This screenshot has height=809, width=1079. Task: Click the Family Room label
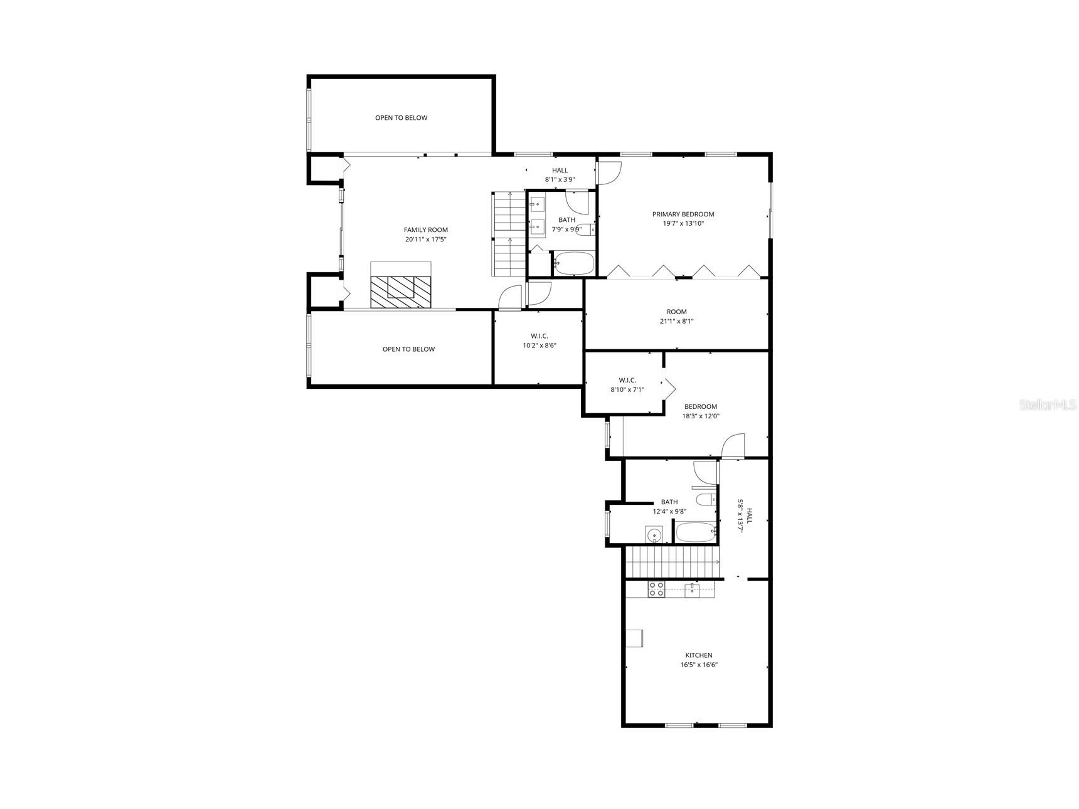tap(425, 230)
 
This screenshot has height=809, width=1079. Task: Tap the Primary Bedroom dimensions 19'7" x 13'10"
tap(683, 223)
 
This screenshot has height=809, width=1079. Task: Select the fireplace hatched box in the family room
tap(401, 292)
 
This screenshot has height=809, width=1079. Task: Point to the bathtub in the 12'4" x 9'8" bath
tap(696, 534)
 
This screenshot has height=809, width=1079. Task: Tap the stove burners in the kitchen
tap(656, 589)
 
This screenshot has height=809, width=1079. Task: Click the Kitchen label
tap(698, 655)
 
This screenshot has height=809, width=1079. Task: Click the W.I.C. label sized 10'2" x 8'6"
tap(539, 337)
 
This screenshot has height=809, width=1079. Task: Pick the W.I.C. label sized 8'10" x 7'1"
tap(627, 381)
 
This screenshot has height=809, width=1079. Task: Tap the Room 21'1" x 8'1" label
tap(676, 312)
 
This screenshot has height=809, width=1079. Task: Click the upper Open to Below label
tap(401, 118)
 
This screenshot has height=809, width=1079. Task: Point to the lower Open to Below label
tap(408, 349)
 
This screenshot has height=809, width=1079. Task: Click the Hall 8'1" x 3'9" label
tap(560, 171)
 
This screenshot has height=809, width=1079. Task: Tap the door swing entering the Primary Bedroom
tap(609, 173)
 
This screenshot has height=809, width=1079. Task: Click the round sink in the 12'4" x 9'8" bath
tap(654, 536)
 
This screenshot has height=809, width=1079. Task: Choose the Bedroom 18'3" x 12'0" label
tap(700, 406)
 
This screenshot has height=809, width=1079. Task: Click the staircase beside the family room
tap(509, 234)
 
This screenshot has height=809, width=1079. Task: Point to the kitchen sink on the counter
tap(693, 589)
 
